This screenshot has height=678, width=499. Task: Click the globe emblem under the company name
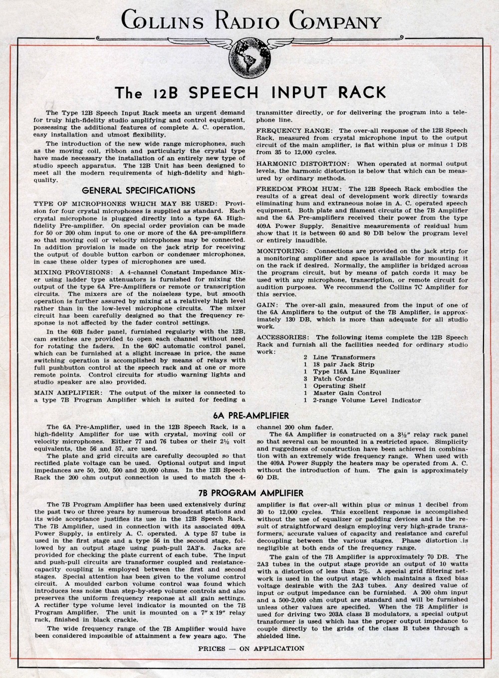pos(249,55)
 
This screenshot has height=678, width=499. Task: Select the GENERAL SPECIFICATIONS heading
pos(138,190)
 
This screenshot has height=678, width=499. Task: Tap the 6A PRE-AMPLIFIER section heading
pos(251,416)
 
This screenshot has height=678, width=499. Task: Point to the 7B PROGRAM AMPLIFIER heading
pos(250,493)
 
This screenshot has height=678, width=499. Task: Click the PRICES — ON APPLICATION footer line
pos(251,649)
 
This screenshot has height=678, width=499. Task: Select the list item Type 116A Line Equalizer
pos(356,372)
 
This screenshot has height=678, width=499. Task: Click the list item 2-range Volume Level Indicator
pos(367,400)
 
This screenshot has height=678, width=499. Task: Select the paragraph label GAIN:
pos(268,305)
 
